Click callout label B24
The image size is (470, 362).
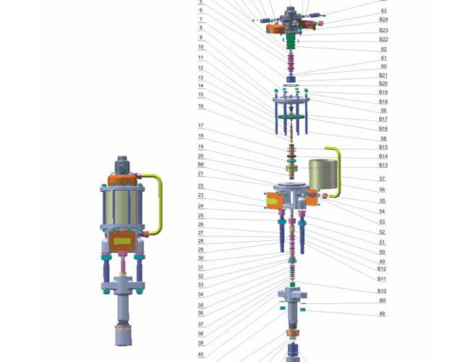[x=383, y=20]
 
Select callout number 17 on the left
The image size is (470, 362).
[x=201, y=125]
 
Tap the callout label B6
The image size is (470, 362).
[x=201, y=164]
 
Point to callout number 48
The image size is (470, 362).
[x=383, y=313]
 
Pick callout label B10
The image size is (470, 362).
[x=382, y=291]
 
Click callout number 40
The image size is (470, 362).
[x=201, y=354]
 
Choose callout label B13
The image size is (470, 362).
[x=383, y=165]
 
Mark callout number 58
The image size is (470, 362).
[x=383, y=138]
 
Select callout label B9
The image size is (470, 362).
[x=383, y=300]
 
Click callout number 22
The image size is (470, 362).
[x=201, y=186]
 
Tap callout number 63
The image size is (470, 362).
[x=384, y=11]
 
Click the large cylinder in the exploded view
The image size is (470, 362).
[x=323, y=174]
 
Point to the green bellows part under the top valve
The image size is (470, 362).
[x=291, y=41]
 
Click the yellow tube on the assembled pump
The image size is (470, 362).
[x=161, y=204]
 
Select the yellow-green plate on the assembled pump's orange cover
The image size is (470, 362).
[x=122, y=241]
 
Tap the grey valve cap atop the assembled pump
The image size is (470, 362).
[x=122, y=164]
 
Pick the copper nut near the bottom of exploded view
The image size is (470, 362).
[x=293, y=333]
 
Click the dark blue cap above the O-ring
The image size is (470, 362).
[x=291, y=79]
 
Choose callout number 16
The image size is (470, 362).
[x=201, y=106]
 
